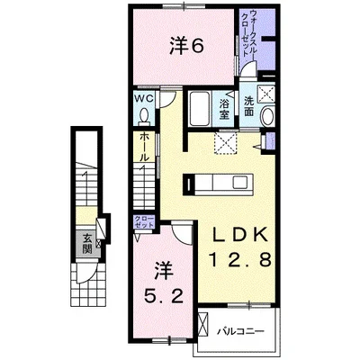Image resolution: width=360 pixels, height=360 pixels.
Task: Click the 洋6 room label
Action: [x=187, y=46]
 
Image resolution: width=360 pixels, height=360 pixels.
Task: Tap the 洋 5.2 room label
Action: [x=164, y=283]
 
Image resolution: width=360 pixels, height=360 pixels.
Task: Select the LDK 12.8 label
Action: [x=240, y=247]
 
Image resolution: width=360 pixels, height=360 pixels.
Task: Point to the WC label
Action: [x=144, y=98]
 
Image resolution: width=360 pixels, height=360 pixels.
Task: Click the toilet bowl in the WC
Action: [x=144, y=115]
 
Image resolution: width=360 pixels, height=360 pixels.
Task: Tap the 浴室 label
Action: [x=224, y=109]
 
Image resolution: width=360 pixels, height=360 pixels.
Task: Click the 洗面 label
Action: [x=249, y=106]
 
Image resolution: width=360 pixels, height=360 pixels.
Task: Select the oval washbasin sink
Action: [x=267, y=115]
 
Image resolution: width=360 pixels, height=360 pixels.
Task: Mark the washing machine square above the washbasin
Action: [x=265, y=93]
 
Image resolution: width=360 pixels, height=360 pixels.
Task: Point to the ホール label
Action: [x=144, y=148]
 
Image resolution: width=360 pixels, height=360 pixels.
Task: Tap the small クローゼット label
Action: [x=144, y=221]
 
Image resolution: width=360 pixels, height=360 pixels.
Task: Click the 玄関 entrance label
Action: [x=87, y=244]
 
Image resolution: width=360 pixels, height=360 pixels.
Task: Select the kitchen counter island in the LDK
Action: [x=218, y=184]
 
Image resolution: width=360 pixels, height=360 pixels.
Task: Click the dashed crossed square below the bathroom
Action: [x=226, y=143]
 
